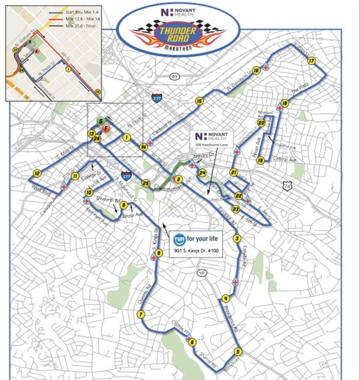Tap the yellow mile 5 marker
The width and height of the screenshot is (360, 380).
(x=237, y=352)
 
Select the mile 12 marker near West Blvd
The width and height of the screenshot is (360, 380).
(x=37, y=173)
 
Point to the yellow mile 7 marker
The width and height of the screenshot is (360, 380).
(x=140, y=315)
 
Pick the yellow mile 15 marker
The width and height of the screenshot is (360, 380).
(x=199, y=101)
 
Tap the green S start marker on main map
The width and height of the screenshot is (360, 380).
(x=100, y=121)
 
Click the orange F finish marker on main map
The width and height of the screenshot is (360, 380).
(x=105, y=128)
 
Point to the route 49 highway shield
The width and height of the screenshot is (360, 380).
(x=174, y=77)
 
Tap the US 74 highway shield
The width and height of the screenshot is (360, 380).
(x=287, y=184)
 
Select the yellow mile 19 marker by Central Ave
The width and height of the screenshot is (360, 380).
(x=261, y=160)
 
